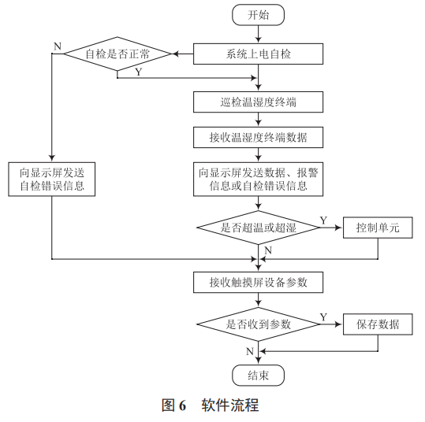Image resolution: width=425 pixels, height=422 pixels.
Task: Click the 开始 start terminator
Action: pyautogui.click(x=258, y=15)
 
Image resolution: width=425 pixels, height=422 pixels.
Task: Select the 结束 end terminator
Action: pyautogui.click(x=258, y=376)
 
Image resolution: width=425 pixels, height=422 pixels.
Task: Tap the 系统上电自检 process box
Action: pyautogui.click(x=258, y=54)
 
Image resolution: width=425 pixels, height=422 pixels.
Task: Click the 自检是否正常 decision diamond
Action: pyautogui.click(x=117, y=54)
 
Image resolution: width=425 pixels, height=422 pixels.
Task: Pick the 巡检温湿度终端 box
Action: pyautogui.click(x=258, y=102)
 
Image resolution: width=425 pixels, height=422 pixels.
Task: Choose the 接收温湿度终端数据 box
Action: pyautogui.click(x=258, y=137)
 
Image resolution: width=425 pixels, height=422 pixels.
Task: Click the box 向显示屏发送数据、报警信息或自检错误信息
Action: pyautogui.click(x=258, y=179)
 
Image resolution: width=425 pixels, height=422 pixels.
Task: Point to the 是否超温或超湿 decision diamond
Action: pyautogui.click(x=258, y=228)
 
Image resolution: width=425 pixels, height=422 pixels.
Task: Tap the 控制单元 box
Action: pyautogui.click(x=378, y=228)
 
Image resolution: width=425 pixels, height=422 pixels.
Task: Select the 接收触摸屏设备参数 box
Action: pyautogui.click(x=258, y=282)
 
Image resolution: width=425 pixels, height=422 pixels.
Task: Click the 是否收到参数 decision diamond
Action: pyautogui.click(x=258, y=324)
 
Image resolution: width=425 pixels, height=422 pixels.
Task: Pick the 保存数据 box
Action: pyautogui.click(x=378, y=324)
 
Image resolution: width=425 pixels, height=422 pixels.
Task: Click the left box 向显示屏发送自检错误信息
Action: pyautogui.click(x=51, y=179)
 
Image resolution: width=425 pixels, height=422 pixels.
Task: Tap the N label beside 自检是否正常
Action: pyautogui.click(x=57, y=46)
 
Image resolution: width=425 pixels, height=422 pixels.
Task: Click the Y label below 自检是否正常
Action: pyautogui.click(x=139, y=72)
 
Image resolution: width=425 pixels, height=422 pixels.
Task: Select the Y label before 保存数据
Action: pyautogui.click(x=323, y=316)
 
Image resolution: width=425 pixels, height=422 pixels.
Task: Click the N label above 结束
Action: pyautogui.click(x=249, y=350)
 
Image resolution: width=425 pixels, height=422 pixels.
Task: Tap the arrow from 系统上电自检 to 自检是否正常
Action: pyautogui.click(x=183, y=54)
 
